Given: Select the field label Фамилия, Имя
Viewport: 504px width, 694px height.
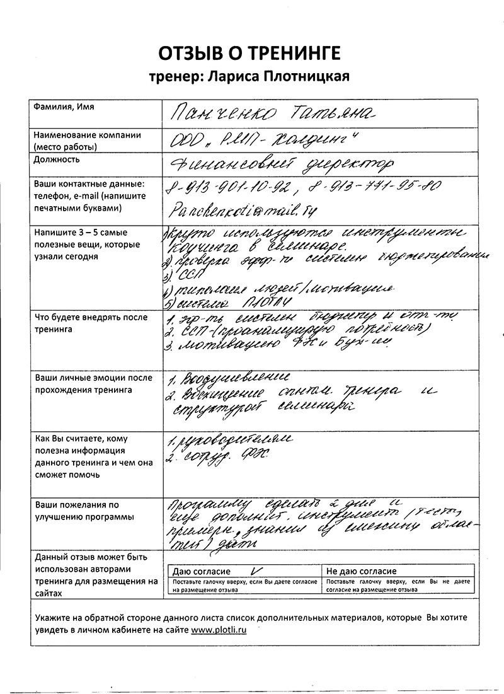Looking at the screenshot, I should pos(64,107).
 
